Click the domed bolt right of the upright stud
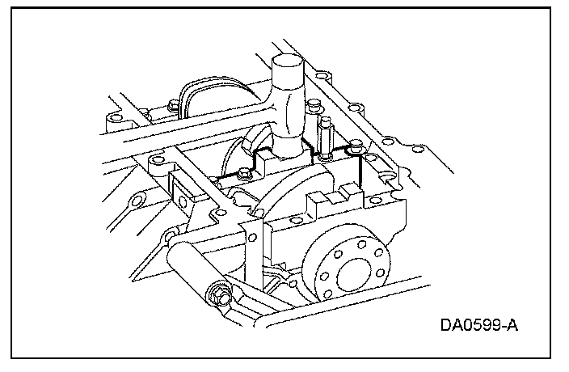point(355,148)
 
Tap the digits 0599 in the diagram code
point(480,326)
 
